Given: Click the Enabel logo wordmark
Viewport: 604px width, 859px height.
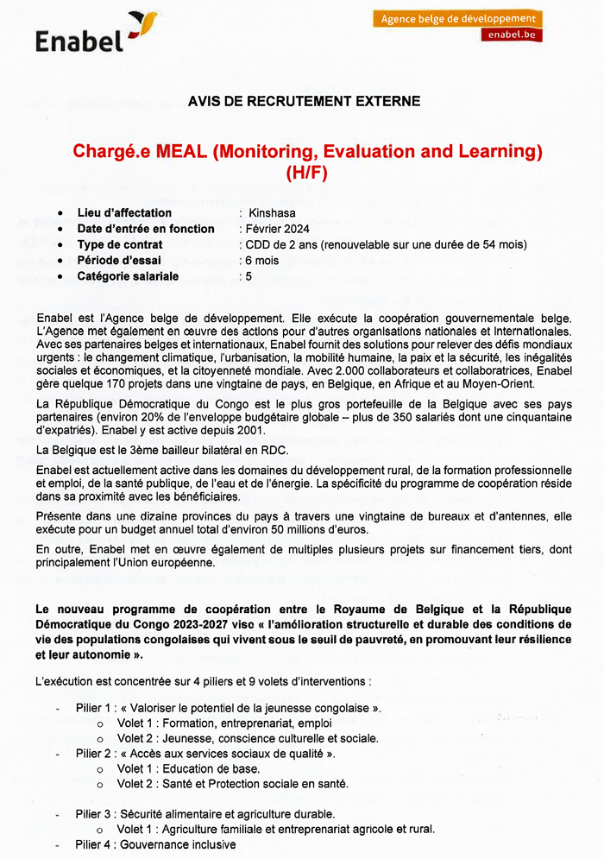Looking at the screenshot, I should tap(79, 39).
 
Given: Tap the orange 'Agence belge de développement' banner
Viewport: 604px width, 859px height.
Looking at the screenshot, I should tap(458, 18).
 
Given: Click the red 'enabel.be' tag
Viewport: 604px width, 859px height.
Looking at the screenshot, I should tap(511, 35).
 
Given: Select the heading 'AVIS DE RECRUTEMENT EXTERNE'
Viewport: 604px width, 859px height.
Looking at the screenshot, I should tap(304, 101).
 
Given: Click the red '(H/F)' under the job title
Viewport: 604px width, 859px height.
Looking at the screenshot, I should tap(307, 172).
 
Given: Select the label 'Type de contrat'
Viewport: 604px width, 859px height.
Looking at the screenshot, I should tap(120, 244).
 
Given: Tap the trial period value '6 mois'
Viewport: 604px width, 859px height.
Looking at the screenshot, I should tap(261, 261).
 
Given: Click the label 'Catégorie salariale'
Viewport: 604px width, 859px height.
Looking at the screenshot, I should tap(128, 276).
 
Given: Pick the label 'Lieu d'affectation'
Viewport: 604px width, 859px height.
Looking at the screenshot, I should tap(124, 212).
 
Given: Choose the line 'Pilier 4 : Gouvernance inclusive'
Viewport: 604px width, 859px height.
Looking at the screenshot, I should tap(155, 844).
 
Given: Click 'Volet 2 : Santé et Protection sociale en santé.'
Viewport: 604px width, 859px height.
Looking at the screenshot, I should tap(233, 784).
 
